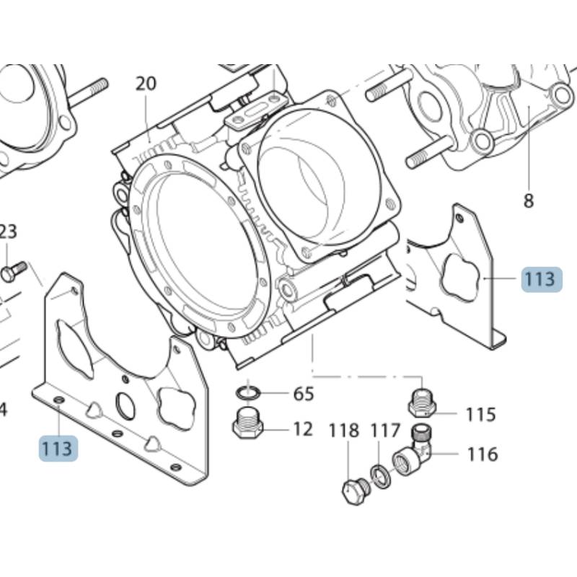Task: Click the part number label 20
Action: pos(146,84)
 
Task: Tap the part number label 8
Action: pos(529,201)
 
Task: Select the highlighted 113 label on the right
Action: pos(539,279)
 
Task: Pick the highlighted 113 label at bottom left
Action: pos(57,448)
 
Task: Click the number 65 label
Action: pos(303,394)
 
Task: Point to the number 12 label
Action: pos(303,429)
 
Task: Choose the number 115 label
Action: pos(480,415)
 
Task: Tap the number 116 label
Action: pos(482,454)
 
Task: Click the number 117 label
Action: pos(385,431)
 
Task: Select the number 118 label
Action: pos(344,431)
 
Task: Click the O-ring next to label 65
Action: pos(249,392)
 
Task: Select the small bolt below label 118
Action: pos(355,490)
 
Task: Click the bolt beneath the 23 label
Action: pos(12,271)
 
